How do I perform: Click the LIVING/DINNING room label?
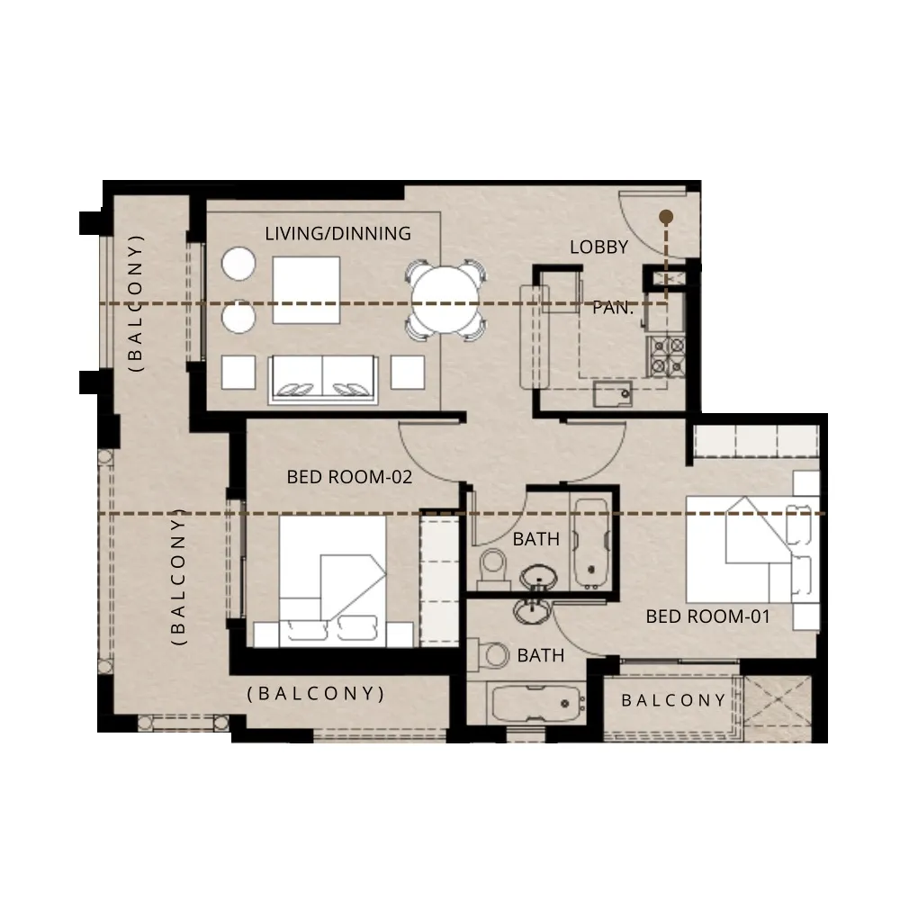point(338,234)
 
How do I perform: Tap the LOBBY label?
point(598,247)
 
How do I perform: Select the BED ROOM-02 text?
point(349,477)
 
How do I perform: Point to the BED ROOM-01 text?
point(707,616)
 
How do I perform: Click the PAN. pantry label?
point(612,308)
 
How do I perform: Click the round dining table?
point(445,300)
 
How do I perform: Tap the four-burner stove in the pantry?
point(666,356)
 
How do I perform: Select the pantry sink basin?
point(612,394)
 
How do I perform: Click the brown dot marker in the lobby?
point(666,217)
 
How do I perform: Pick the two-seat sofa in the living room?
point(322,379)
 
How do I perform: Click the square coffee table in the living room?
point(306,291)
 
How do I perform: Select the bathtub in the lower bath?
point(536,704)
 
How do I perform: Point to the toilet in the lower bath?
point(489,654)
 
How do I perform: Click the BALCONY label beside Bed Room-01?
point(674,700)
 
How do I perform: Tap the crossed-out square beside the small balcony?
point(778,701)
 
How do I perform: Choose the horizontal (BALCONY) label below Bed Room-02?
point(316,693)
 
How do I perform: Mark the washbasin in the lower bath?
point(533,611)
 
